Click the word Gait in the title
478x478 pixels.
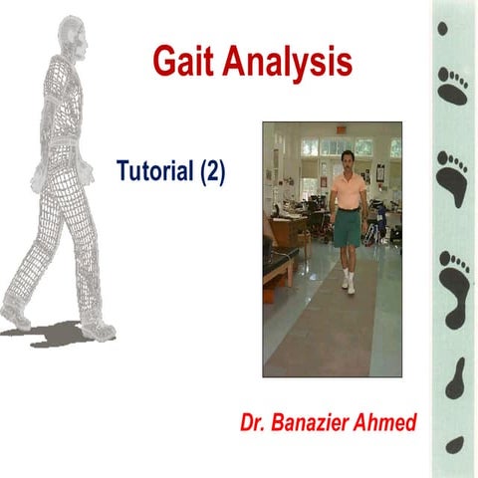(184, 61)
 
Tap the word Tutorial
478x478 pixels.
(156, 170)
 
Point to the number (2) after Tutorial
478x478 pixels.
(213, 170)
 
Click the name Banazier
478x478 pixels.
(325, 422)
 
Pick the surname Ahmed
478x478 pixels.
(390, 422)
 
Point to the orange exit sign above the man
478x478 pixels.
(340, 128)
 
